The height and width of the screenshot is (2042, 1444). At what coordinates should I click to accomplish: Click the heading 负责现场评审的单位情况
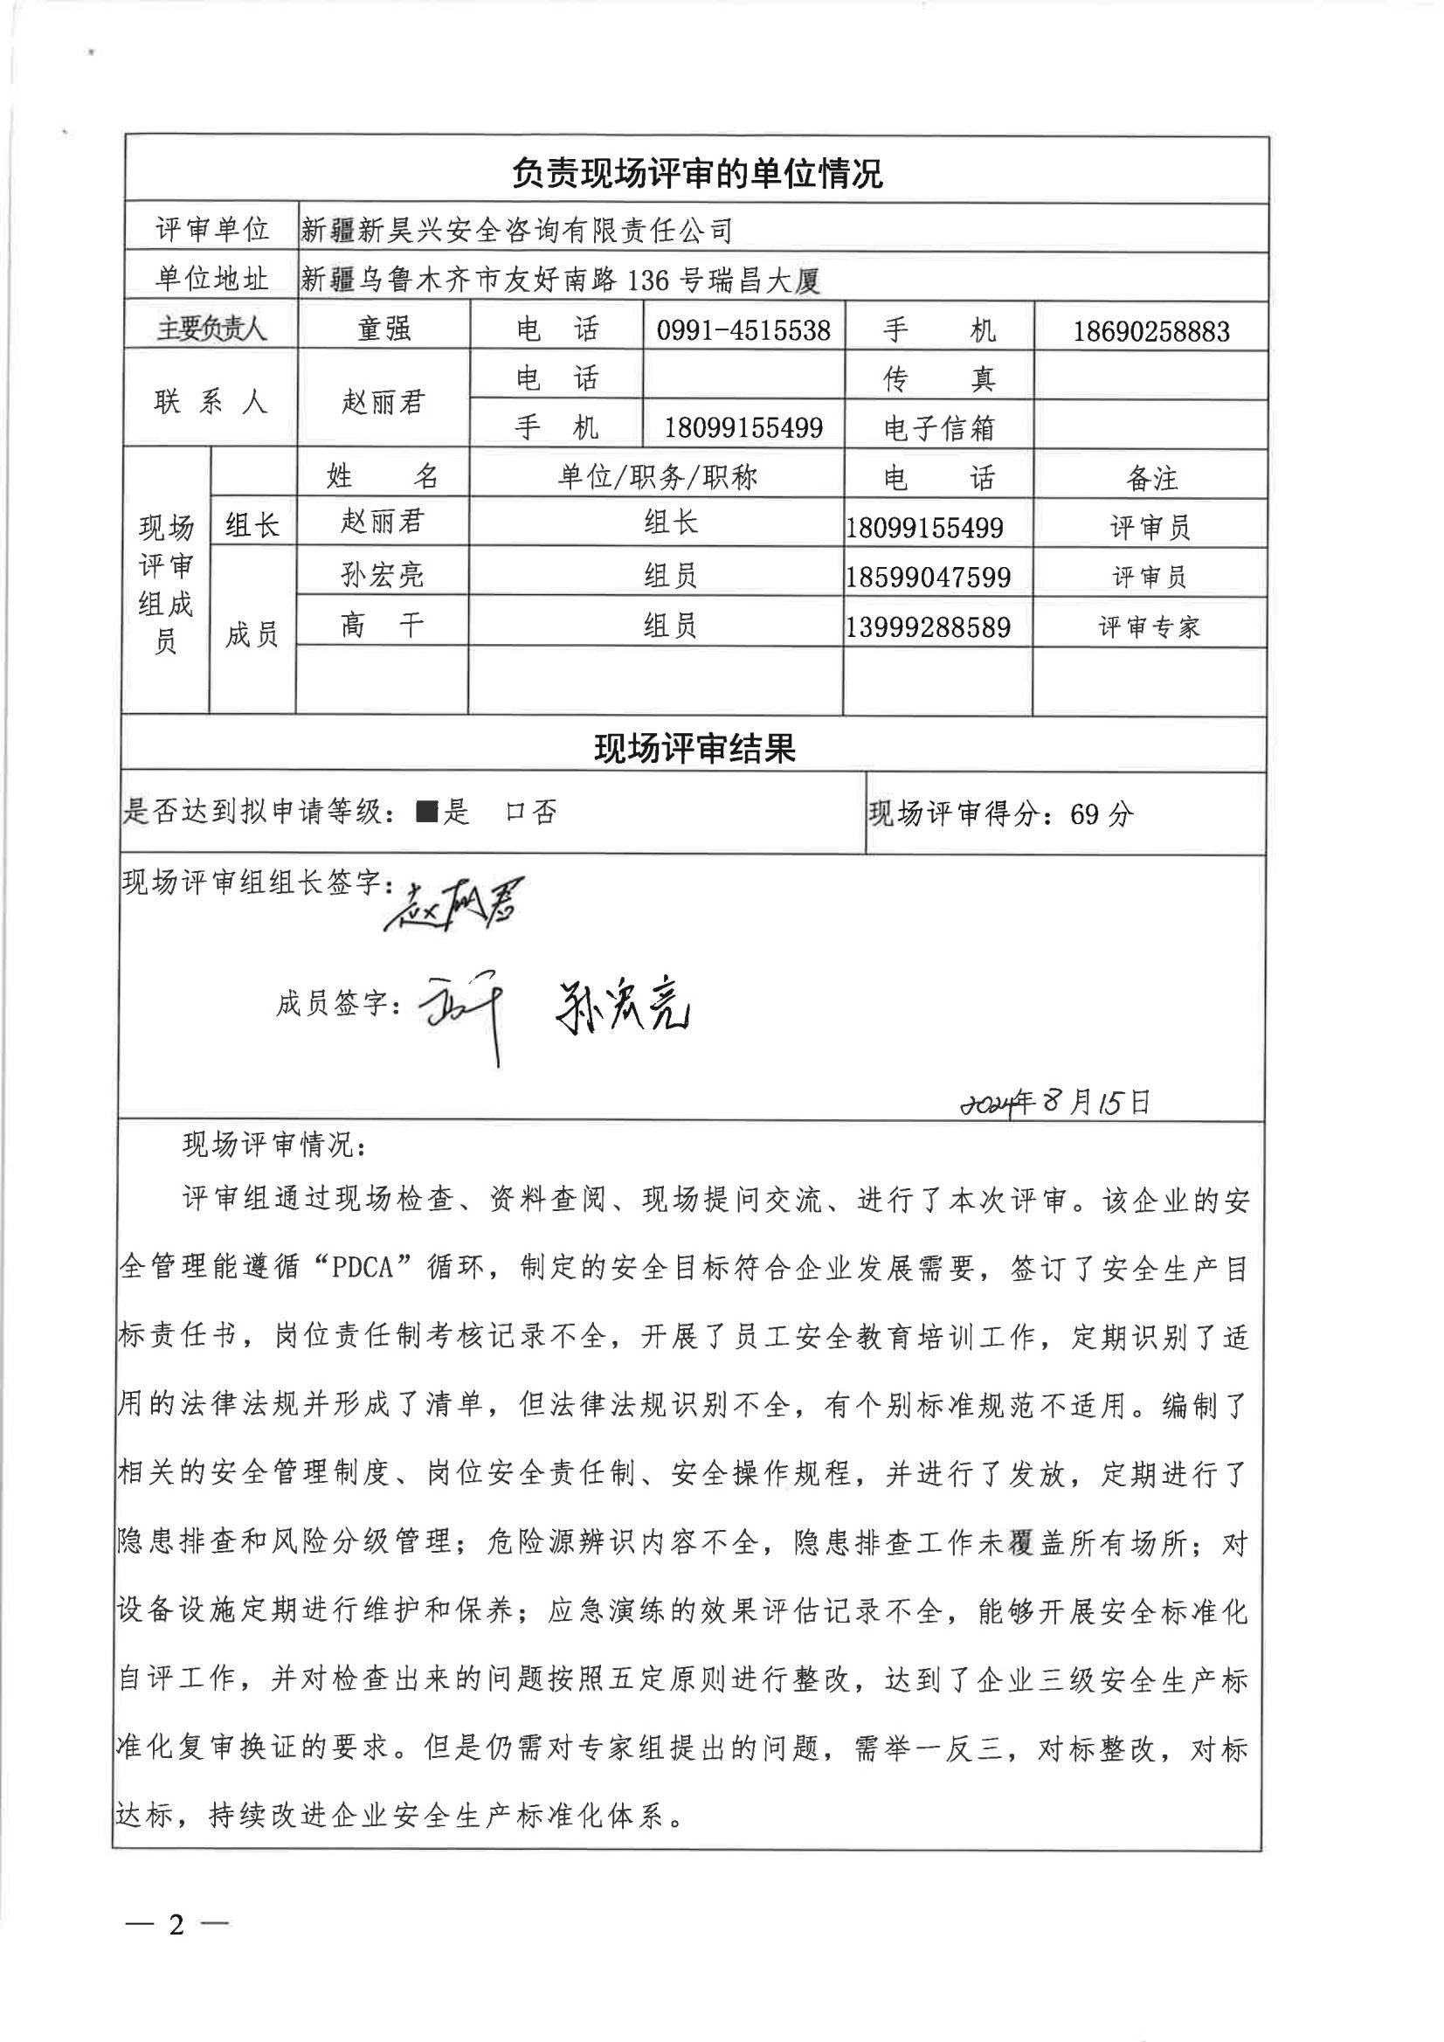(696, 173)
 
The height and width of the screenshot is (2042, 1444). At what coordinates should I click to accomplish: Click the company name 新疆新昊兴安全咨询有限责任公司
(516, 232)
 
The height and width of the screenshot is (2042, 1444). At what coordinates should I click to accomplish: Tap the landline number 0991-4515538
(743, 331)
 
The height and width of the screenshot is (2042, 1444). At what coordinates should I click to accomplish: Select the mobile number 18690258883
(1150, 332)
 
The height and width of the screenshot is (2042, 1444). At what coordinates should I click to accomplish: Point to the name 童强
(384, 329)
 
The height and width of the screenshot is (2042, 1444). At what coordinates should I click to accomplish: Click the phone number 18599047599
(929, 578)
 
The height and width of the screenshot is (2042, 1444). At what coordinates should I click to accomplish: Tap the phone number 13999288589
(929, 628)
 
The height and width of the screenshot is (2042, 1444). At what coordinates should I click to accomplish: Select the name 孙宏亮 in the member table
(383, 577)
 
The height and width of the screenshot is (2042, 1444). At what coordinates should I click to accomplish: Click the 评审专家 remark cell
(1150, 627)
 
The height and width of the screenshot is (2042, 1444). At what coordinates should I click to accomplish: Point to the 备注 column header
(1151, 480)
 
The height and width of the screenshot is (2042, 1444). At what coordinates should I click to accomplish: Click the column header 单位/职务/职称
(657, 479)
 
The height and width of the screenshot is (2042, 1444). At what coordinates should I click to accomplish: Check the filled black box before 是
(428, 811)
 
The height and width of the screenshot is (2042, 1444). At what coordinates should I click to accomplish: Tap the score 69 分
(1102, 813)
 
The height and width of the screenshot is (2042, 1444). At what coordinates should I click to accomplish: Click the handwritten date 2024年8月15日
(1055, 1103)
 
